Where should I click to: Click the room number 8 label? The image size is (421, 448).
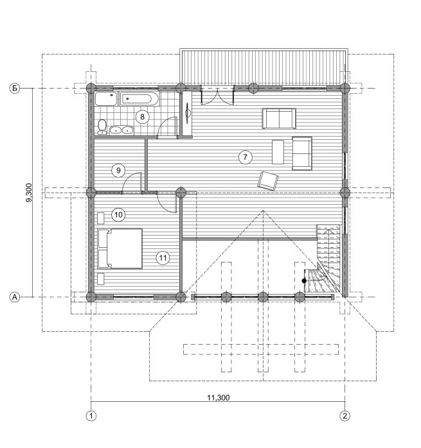click(142, 117)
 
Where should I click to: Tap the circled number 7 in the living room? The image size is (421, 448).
click(245, 157)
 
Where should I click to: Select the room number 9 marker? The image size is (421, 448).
click(118, 171)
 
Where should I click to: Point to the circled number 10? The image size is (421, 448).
click(118, 214)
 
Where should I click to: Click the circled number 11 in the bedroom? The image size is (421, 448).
click(163, 258)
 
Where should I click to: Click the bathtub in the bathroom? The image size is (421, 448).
click(139, 99)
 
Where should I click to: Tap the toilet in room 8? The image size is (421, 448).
click(102, 127)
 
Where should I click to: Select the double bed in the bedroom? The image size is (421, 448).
click(120, 248)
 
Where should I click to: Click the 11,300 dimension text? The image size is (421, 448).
click(219, 397)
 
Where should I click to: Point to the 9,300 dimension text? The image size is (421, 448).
click(29, 193)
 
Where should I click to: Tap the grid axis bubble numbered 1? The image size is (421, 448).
click(91, 416)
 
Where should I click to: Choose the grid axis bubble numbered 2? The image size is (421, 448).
click(345, 416)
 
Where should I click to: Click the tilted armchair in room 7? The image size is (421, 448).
click(268, 181)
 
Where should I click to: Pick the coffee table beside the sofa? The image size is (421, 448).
click(278, 151)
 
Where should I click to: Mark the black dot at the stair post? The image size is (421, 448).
click(304, 281)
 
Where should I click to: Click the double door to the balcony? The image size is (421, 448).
click(217, 96)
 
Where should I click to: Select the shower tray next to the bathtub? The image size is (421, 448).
click(106, 99)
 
